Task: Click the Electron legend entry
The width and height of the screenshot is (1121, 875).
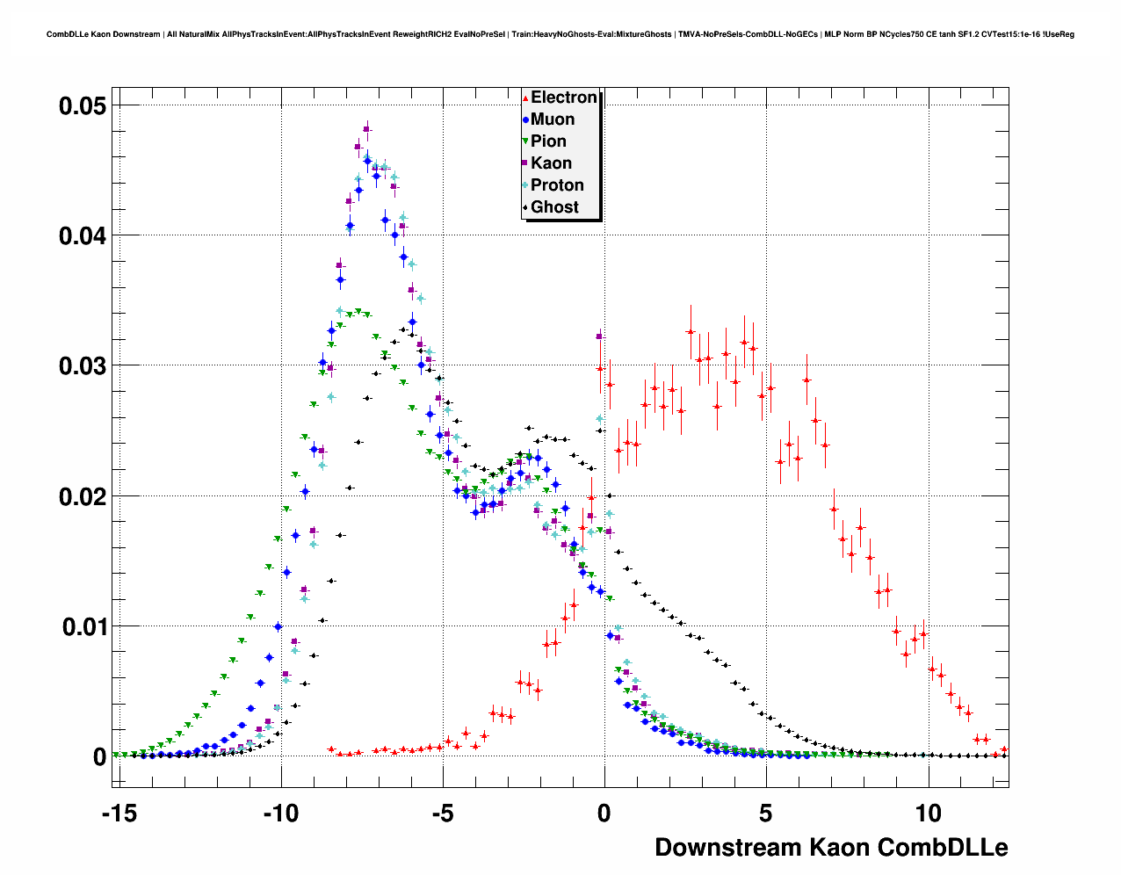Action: pyautogui.click(x=563, y=98)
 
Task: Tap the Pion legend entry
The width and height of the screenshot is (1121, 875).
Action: pyautogui.click(x=548, y=141)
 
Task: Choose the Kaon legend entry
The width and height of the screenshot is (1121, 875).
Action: pyautogui.click(x=551, y=163)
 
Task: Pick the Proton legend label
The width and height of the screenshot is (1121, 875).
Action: pyautogui.click(x=557, y=185)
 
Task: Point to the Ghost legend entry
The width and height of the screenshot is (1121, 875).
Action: pyautogui.click(x=554, y=207)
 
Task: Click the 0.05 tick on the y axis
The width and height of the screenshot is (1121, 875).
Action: pyautogui.click(x=83, y=106)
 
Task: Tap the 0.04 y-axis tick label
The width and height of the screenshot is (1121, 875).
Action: pyautogui.click(x=83, y=236)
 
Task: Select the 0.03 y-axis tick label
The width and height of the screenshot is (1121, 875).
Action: pyautogui.click(x=83, y=366)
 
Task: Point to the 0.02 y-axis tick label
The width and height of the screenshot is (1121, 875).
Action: pyautogui.click(x=83, y=497)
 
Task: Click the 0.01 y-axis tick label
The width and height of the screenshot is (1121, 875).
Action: pyautogui.click(x=83, y=627)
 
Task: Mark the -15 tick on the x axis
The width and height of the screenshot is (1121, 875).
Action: pyautogui.click(x=119, y=814)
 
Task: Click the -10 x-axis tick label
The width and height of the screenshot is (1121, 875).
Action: pyautogui.click(x=281, y=814)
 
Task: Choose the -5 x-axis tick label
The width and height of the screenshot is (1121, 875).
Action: pyautogui.click(x=443, y=814)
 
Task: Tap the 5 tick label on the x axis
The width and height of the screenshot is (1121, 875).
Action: pyautogui.click(x=766, y=814)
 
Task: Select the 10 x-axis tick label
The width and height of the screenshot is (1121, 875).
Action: pyautogui.click(x=928, y=814)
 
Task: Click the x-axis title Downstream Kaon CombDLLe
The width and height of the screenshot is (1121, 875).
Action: pyautogui.click(x=831, y=848)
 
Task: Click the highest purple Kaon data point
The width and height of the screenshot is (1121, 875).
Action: pyautogui.click(x=367, y=130)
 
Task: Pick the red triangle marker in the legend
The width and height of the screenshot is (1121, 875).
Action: pyautogui.click(x=525, y=98)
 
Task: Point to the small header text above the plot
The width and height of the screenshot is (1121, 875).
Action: pyautogui.click(x=560, y=34)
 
